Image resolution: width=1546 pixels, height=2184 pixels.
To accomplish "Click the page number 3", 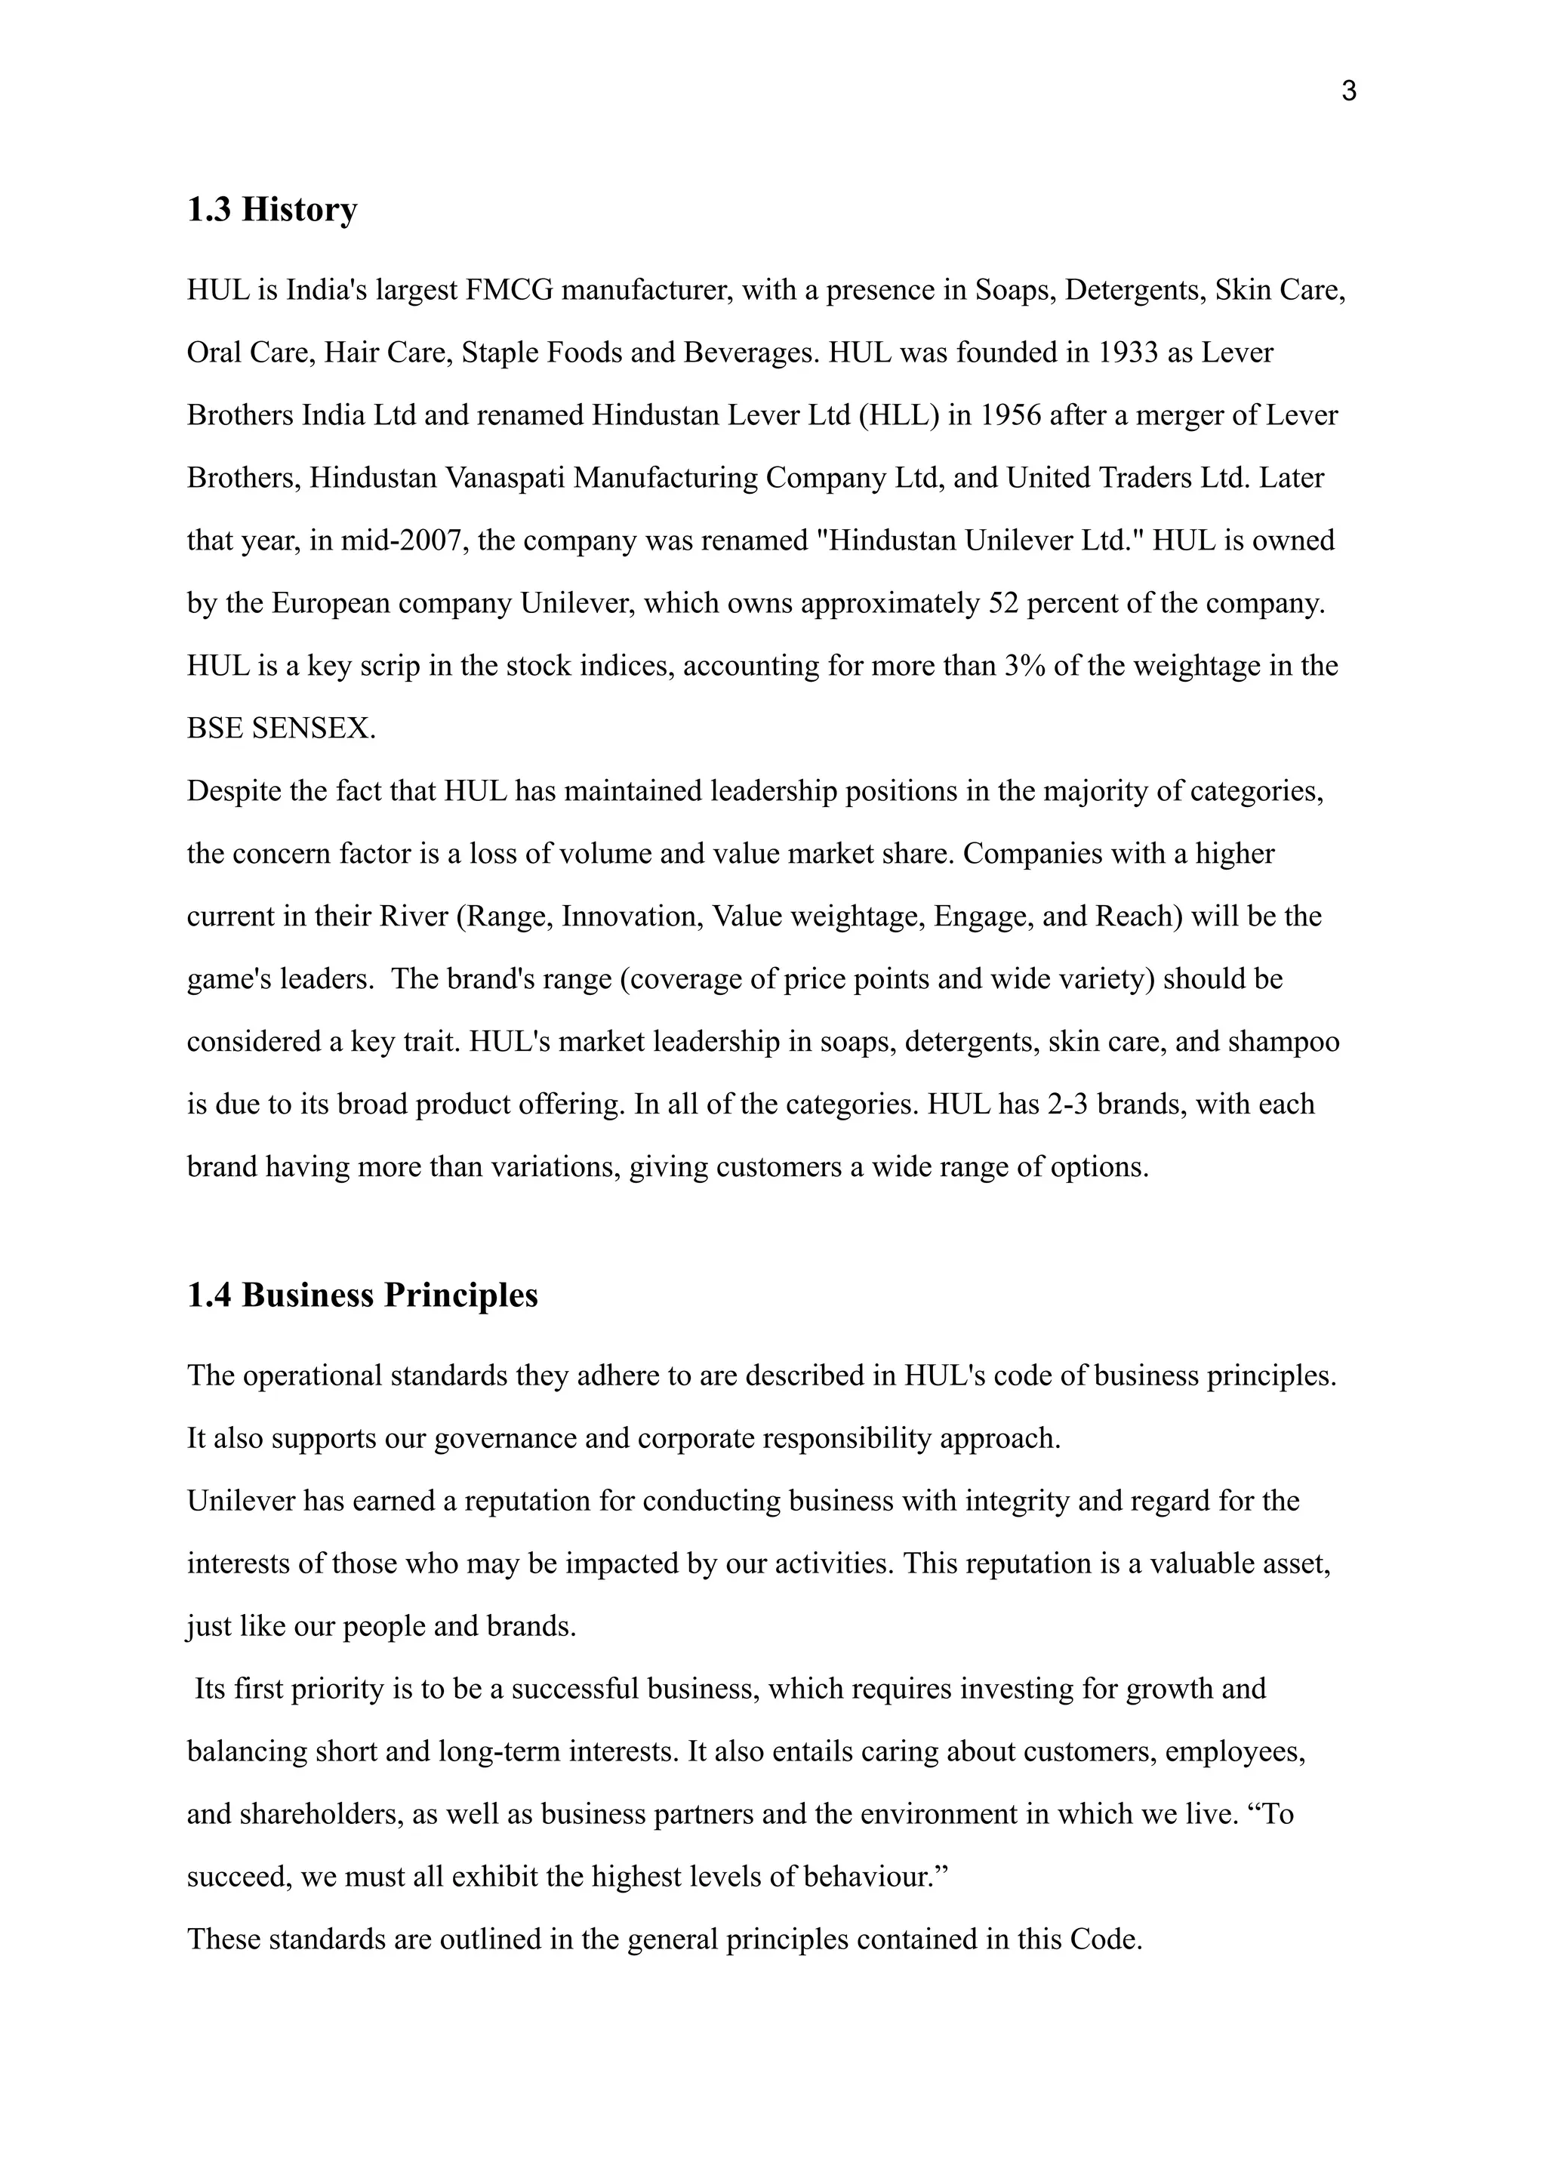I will [x=1348, y=91].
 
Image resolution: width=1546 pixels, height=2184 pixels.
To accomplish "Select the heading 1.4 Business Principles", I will [x=362, y=1295].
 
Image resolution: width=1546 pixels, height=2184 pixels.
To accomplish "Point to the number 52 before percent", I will [x=1004, y=604].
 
